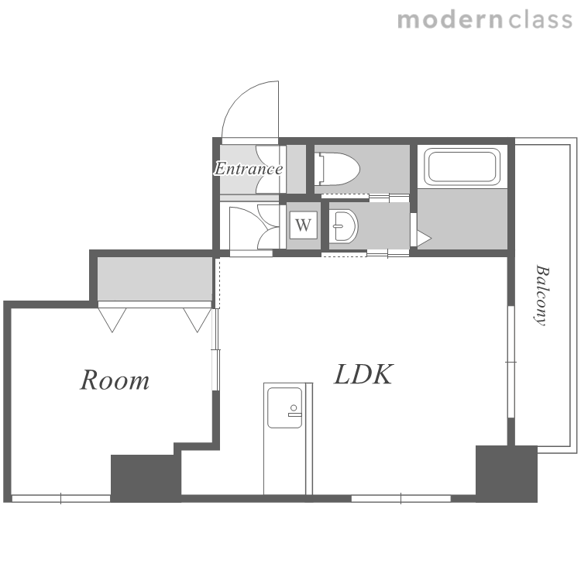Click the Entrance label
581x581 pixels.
(x=249, y=169)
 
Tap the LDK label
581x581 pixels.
(x=363, y=374)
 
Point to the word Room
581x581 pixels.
(x=115, y=380)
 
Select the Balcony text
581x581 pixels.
(x=541, y=295)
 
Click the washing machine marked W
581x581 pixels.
(x=304, y=225)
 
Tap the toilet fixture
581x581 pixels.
(x=336, y=169)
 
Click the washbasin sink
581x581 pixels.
(x=343, y=226)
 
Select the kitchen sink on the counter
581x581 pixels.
(x=284, y=407)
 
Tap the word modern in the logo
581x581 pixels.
(x=450, y=20)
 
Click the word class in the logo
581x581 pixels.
(x=540, y=20)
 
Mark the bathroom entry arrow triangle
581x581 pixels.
(x=425, y=239)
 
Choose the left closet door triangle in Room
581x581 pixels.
(x=112, y=320)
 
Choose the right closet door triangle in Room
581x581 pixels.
(x=197, y=320)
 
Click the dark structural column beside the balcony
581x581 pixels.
(x=506, y=473)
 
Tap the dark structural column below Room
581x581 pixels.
(x=146, y=478)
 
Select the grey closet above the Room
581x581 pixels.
(x=154, y=279)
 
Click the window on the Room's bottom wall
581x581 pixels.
(x=61, y=498)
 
